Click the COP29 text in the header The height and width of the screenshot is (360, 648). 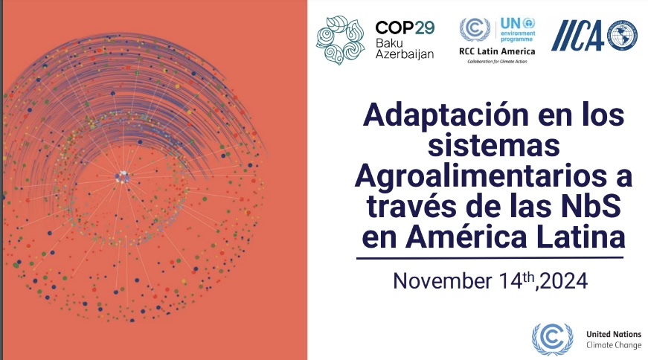tap(405, 27)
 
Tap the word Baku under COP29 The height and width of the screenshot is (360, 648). tap(389, 43)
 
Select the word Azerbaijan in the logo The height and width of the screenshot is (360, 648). tap(405, 56)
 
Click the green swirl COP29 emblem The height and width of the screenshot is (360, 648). tap(341, 42)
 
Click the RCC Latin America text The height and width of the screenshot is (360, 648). tap(497, 51)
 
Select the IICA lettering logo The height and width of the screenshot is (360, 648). tap(577, 35)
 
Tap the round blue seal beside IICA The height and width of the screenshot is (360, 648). tap(622, 35)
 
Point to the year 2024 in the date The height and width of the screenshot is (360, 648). tap(566, 281)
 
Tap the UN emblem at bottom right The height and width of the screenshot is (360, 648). tap(552, 339)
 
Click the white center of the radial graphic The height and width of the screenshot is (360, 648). tap(121, 176)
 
